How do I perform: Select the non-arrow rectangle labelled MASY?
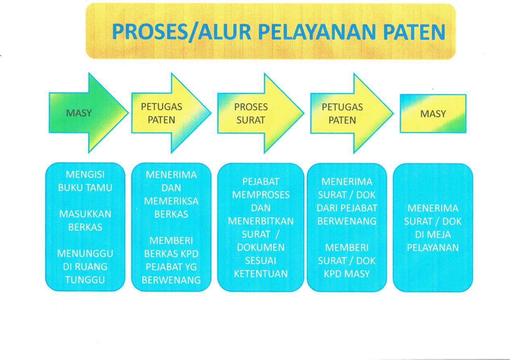pos(433,114)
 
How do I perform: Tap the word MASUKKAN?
pos(85,214)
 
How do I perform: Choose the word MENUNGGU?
pos(85,254)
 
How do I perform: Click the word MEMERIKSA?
pos(171,201)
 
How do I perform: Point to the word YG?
pos(188,266)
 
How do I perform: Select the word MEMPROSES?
pos(261,194)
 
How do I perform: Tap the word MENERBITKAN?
pos(261,221)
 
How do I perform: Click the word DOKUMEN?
pos(261,247)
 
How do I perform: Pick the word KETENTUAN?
pos(261,274)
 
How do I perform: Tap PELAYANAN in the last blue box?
pos(433,247)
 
